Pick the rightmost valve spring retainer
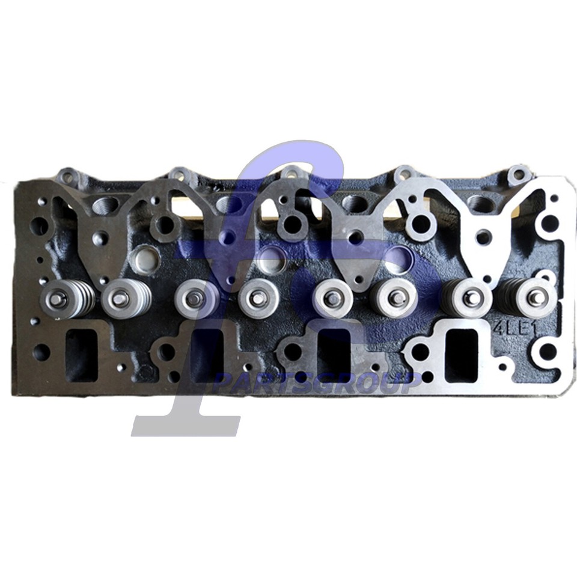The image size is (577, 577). pyautogui.click(x=536, y=298)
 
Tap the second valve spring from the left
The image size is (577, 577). pyautogui.click(x=122, y=298)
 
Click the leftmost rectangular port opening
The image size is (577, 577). pyautogui.click(x=81, y=355)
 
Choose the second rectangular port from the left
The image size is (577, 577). pyautogui.click(x=207, y=355)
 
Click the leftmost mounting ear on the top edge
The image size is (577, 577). pyautogui.click(x=68, y=177)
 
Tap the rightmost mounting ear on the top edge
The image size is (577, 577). pyautogui.click(x=518, y=175)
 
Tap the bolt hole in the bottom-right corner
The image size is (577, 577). pyautogui.click(x=548, y=352)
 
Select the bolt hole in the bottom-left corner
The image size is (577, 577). pyautogui.click(x=41, y=352)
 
